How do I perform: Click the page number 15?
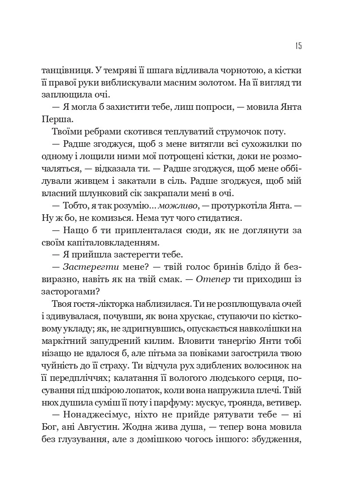pos(298,46)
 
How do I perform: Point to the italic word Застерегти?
pos(86,266)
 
